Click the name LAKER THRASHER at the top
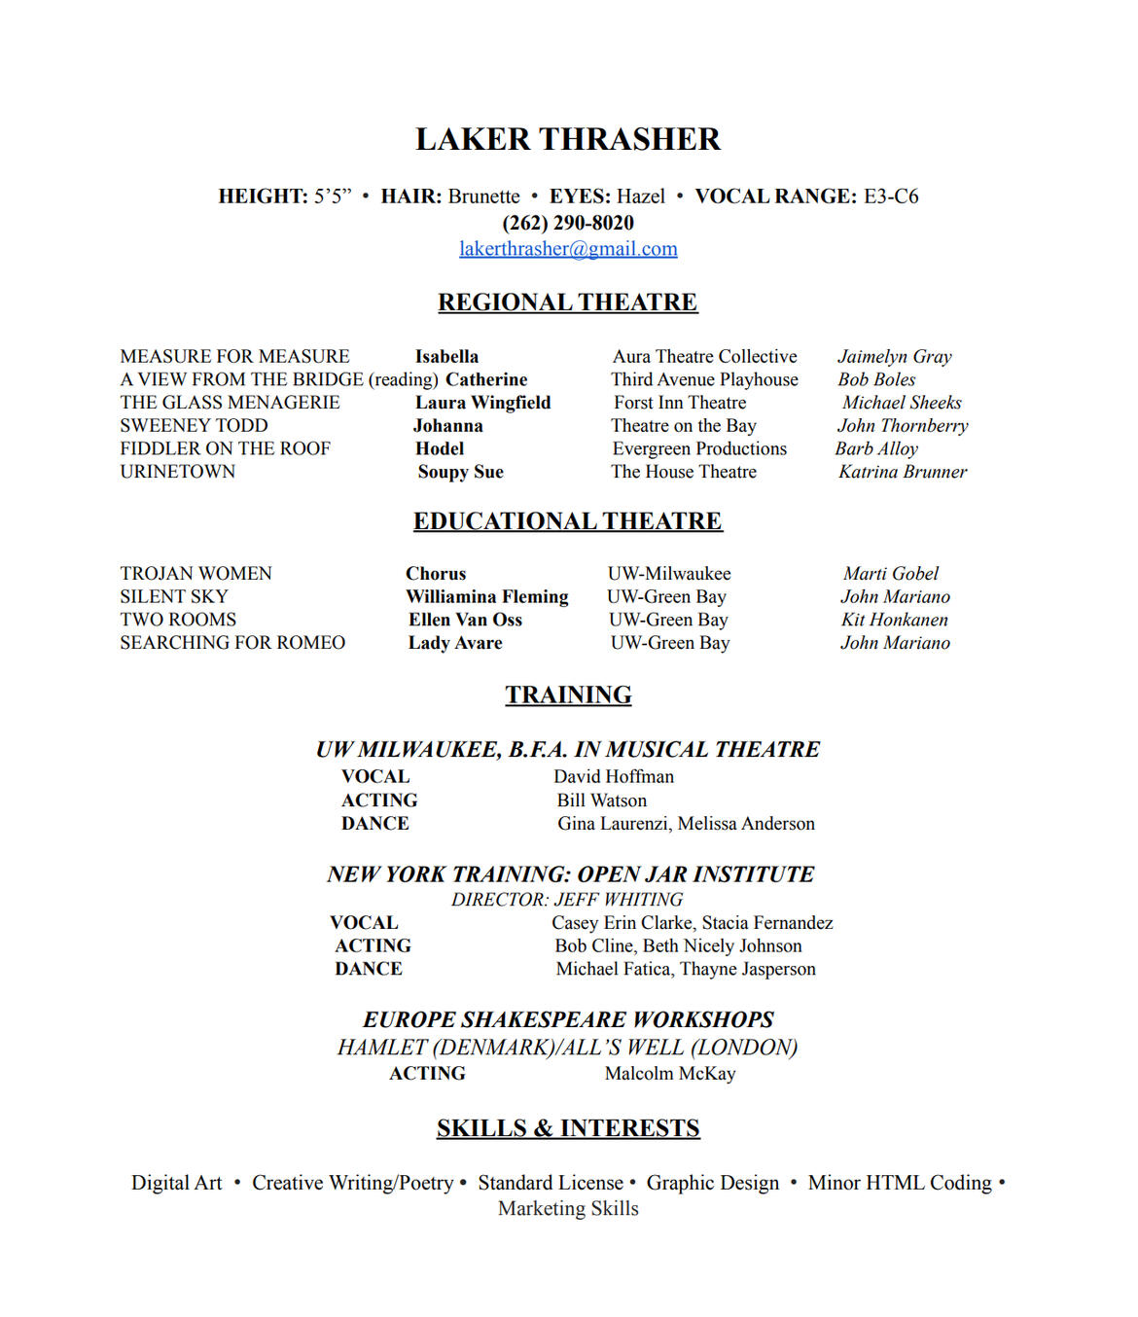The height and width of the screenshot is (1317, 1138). pyautogui.click(x=568, y=139)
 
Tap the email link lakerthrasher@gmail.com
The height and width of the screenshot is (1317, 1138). pyautogui.click(x=568, y=249)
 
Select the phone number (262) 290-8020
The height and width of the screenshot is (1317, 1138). pyautogui.click(x=568, y=223)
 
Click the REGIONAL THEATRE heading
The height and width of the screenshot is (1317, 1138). pyautogui.click(x=568, y=303)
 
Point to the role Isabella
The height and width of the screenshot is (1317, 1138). pyautogui.click(x=446, y=357)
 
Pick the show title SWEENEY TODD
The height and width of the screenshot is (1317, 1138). pyautogui.click(x=194, y=426)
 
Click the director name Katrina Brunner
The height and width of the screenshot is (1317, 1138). pyautogui.click(x=903, y=472)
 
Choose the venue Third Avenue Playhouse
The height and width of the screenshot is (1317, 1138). pyautogui.click(x=704, y=379)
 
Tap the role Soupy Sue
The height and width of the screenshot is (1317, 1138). pyautogui.click(x=460, y=472)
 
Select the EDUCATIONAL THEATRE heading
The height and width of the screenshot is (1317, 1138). pyautogui.click(x=568, y=521)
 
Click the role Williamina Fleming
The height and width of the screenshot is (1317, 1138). pyautogui.click(x=487, y=597)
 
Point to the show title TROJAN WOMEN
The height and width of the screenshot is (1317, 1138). pyautogui.click(x=196, y=574)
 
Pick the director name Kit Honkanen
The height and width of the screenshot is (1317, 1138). pyautogui.click(x=894, y=620)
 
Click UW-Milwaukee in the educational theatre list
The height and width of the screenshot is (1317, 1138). pyautogui.click(x=669, y=574)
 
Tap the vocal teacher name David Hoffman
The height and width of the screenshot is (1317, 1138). pyautogui.click(x=614, y=777)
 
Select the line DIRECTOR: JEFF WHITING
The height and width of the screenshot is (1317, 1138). pyautogui.click(x=567, y=900)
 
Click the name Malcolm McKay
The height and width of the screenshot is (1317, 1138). pyautogui.click(x=670, y=1074)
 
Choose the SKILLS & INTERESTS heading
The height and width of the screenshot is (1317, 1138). pyautogui.click(x=568, y=1128)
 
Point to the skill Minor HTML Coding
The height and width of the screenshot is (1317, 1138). pyautogui.click(x=900, y=1183)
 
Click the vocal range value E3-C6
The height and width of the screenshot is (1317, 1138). pyautogui.click(x=891, y=196)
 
